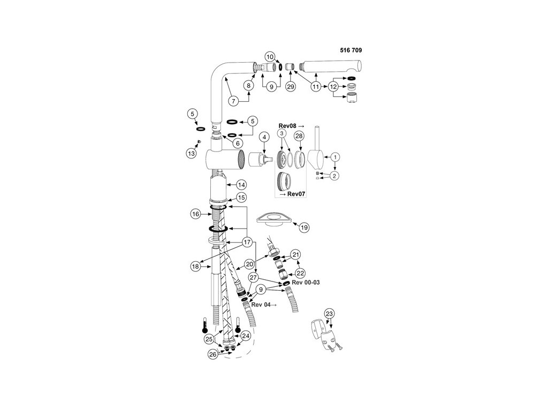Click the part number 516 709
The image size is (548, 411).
[x=351, y=50]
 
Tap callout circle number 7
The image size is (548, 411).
[x=233, y=100]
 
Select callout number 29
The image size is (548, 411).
[x=291, y=87]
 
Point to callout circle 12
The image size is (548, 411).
[x=333, y=86]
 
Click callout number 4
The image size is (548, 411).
[x=263, y=137]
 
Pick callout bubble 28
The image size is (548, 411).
[x=299, y=136]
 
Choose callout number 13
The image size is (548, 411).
[x=191, y=153]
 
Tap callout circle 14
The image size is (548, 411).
[x=241, y=185]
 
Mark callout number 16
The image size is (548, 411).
[x=195, y=214]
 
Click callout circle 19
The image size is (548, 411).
[x=304, y=227]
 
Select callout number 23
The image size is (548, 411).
[x=330, y=314]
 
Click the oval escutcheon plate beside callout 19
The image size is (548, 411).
[x=273, y=218]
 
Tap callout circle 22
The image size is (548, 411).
[x=300, y=272]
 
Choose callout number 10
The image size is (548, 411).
[x=270, y=56]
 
